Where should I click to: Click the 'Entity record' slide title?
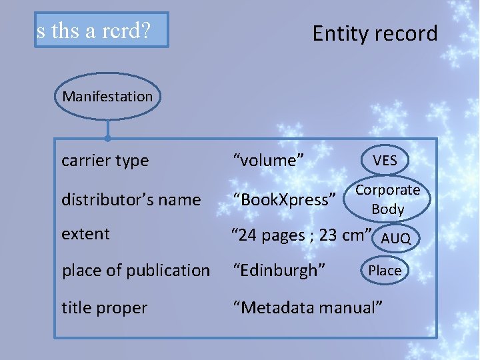tap(375, 33)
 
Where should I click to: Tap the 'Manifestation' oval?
tap(107, 97)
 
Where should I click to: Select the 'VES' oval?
tap(385, 160)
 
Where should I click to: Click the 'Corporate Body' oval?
tap(387, 199)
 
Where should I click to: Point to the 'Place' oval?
tap(385, 270)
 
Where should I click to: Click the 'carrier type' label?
tap(105, 161)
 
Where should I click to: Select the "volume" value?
tap(269, 161)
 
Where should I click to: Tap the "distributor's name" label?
tap(131, 199)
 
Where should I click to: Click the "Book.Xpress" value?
tap(283, 199)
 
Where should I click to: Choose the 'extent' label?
tap(85, 234)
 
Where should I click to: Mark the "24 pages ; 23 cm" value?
tap(301, 235)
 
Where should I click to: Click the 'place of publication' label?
tap(136, 271)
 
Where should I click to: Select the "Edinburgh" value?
tap(279, 271)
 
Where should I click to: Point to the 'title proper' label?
tap(104, 308)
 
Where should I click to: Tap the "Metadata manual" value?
tap(307, 308)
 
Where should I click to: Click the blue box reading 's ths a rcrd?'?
tap(102, 31)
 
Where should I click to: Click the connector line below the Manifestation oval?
tap(107, 129)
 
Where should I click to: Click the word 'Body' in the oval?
tap(388, 209)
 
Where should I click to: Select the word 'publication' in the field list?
tap(171, 271)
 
